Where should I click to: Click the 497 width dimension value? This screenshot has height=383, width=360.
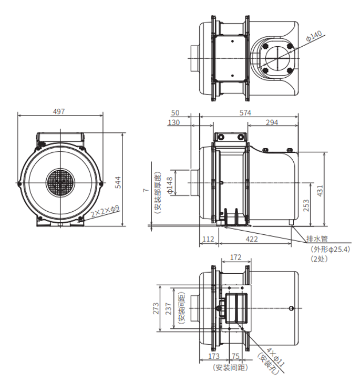coord(59,111)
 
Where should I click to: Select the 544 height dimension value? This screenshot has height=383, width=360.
coord(118,182)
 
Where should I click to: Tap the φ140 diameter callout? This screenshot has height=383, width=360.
coord(314,36)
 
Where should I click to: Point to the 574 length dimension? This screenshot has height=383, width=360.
coord(245,113)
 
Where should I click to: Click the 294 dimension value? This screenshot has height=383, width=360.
coord(272,122)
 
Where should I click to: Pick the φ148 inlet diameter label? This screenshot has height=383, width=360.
coord(170,185)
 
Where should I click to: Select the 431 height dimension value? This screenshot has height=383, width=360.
coord(320,191)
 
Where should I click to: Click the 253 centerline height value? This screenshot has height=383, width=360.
coord(306,205)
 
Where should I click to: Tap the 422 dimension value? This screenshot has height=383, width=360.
coord(252,239)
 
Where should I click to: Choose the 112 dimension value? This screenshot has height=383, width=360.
coord(208,239)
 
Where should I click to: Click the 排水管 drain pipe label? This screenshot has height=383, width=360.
coord(317,239)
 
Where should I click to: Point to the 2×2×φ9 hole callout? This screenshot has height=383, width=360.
coord(105,211)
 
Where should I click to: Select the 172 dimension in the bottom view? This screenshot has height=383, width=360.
coord(235,257)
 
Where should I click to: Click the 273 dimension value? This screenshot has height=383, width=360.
coord(156,308)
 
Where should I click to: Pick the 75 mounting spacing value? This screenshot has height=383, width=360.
coord(235,356)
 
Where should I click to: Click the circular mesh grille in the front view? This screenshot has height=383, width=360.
coord(60,182)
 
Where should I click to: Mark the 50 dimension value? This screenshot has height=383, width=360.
coord(175,113)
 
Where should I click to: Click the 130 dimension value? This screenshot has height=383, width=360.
coord(174,122)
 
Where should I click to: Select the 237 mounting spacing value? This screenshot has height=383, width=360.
coord(168,308)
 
